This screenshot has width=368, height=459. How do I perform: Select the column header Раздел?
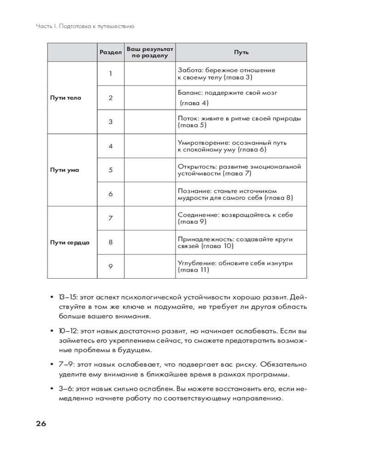click(110, 52)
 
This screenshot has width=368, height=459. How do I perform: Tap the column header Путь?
click(241, 52)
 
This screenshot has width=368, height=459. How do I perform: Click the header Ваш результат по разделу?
click(149, 52)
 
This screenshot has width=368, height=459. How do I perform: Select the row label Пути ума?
click(64, 170)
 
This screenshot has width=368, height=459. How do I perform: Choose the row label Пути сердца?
click(69, 242)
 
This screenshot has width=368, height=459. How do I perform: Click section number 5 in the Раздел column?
click(110, 170)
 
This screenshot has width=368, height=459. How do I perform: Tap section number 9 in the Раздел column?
click(110, 266)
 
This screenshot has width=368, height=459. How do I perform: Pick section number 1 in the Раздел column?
click(110, 73)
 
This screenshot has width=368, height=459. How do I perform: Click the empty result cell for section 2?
click(149, 98)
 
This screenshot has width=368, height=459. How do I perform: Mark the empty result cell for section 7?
click(149, 218)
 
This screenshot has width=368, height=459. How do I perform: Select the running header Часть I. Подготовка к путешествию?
click(85, 26)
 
